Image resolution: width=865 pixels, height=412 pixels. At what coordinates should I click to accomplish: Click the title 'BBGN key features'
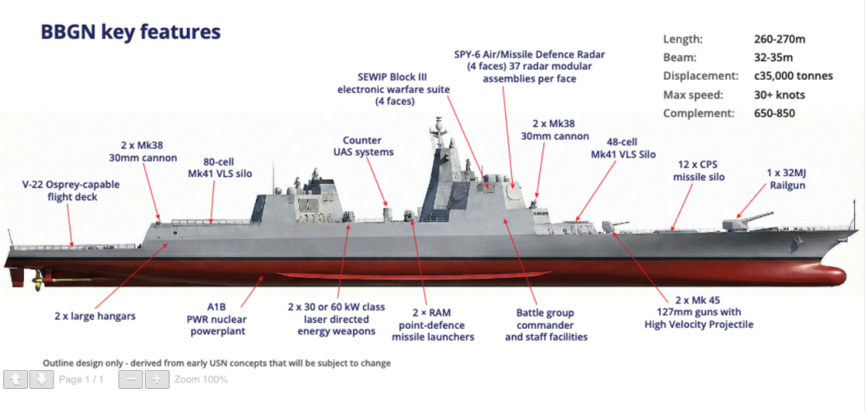(131, 33)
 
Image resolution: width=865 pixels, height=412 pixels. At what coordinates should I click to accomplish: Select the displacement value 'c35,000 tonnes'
(793, 76)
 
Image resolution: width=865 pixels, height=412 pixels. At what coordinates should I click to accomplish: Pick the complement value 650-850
(774, 114)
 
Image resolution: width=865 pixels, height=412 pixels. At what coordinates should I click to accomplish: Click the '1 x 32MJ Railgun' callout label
(787, 179)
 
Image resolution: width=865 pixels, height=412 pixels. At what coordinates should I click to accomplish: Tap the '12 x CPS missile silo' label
(699, 171)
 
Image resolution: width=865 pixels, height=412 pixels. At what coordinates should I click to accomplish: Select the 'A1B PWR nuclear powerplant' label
(217, 319)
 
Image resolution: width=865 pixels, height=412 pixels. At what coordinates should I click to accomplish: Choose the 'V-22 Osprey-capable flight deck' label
(71, 190)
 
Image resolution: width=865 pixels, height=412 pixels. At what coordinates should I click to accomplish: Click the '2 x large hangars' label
(95, 316)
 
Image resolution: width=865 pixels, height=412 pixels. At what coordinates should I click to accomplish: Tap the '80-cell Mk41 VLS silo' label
(220, 168)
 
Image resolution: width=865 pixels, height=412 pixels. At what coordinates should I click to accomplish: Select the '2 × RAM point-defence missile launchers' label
(433, 325)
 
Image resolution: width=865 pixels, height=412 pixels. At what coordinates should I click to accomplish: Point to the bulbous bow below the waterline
(827, 274)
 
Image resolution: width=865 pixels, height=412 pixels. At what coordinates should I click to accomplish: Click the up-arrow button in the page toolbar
(16, 379)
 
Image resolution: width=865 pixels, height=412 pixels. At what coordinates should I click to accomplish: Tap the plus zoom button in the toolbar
(157, 379)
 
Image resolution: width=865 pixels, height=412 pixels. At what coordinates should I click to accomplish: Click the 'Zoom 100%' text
(201, 379)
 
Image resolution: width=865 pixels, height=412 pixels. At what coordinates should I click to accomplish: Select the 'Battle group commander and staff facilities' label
(546, 325)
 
